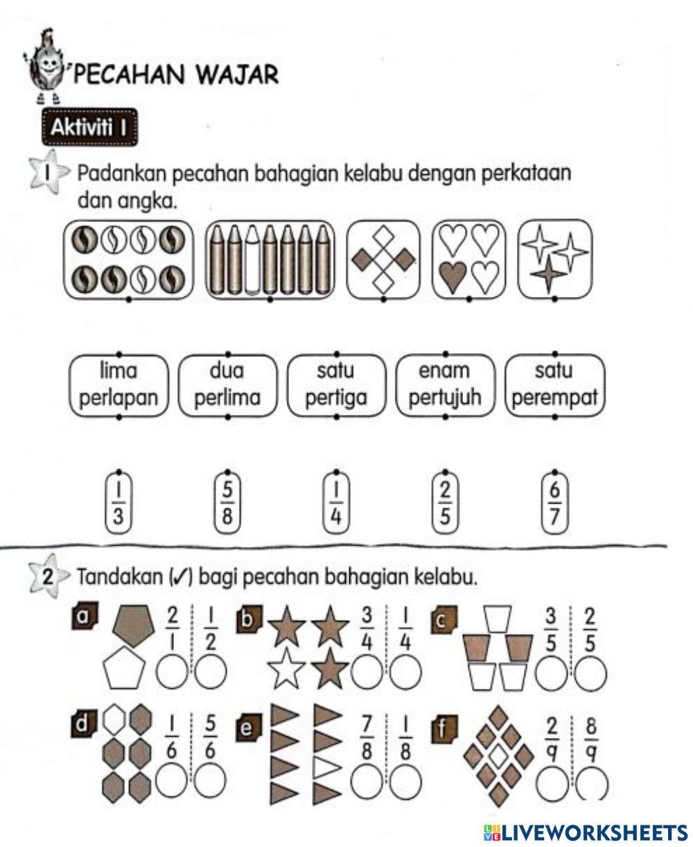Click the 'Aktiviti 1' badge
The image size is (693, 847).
(89, 129)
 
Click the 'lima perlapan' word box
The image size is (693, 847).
(119, 386)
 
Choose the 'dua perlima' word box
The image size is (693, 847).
(227, 386)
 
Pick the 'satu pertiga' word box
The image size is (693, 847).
(335, 386)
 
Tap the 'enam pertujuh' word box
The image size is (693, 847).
(444, 386)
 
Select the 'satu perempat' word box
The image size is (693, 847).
(554, 386)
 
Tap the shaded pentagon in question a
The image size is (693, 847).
(134, 624)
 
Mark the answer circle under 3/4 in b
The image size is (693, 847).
(367, 672)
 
